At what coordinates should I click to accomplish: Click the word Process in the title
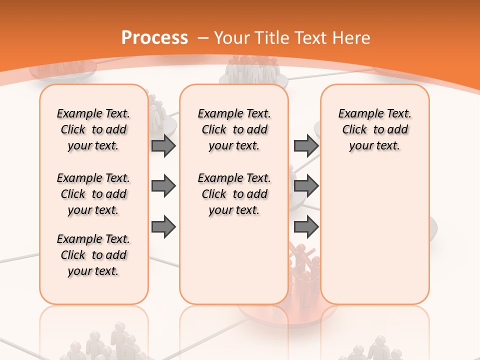[x=154, y=38]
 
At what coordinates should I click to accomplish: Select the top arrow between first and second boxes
[x=163, y=145]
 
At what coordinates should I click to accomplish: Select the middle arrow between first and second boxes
[x=163, y=186]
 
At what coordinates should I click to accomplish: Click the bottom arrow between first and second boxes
[x=163, y=227]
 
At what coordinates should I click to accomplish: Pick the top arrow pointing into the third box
[x=306, y=145]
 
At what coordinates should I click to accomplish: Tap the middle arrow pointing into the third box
[x=306, y=186]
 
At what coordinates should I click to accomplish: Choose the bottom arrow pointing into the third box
[x=306, y=227]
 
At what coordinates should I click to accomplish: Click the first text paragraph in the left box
[x=93, y=129]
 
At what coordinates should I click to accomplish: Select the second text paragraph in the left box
[x=93, y=194]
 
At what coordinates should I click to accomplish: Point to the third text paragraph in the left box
[x=93, y=255]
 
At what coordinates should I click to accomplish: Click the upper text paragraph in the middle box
[x=234, y=129]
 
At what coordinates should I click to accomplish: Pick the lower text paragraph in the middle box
[x=234, y=194]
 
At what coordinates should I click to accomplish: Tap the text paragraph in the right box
[x=374, y=129]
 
